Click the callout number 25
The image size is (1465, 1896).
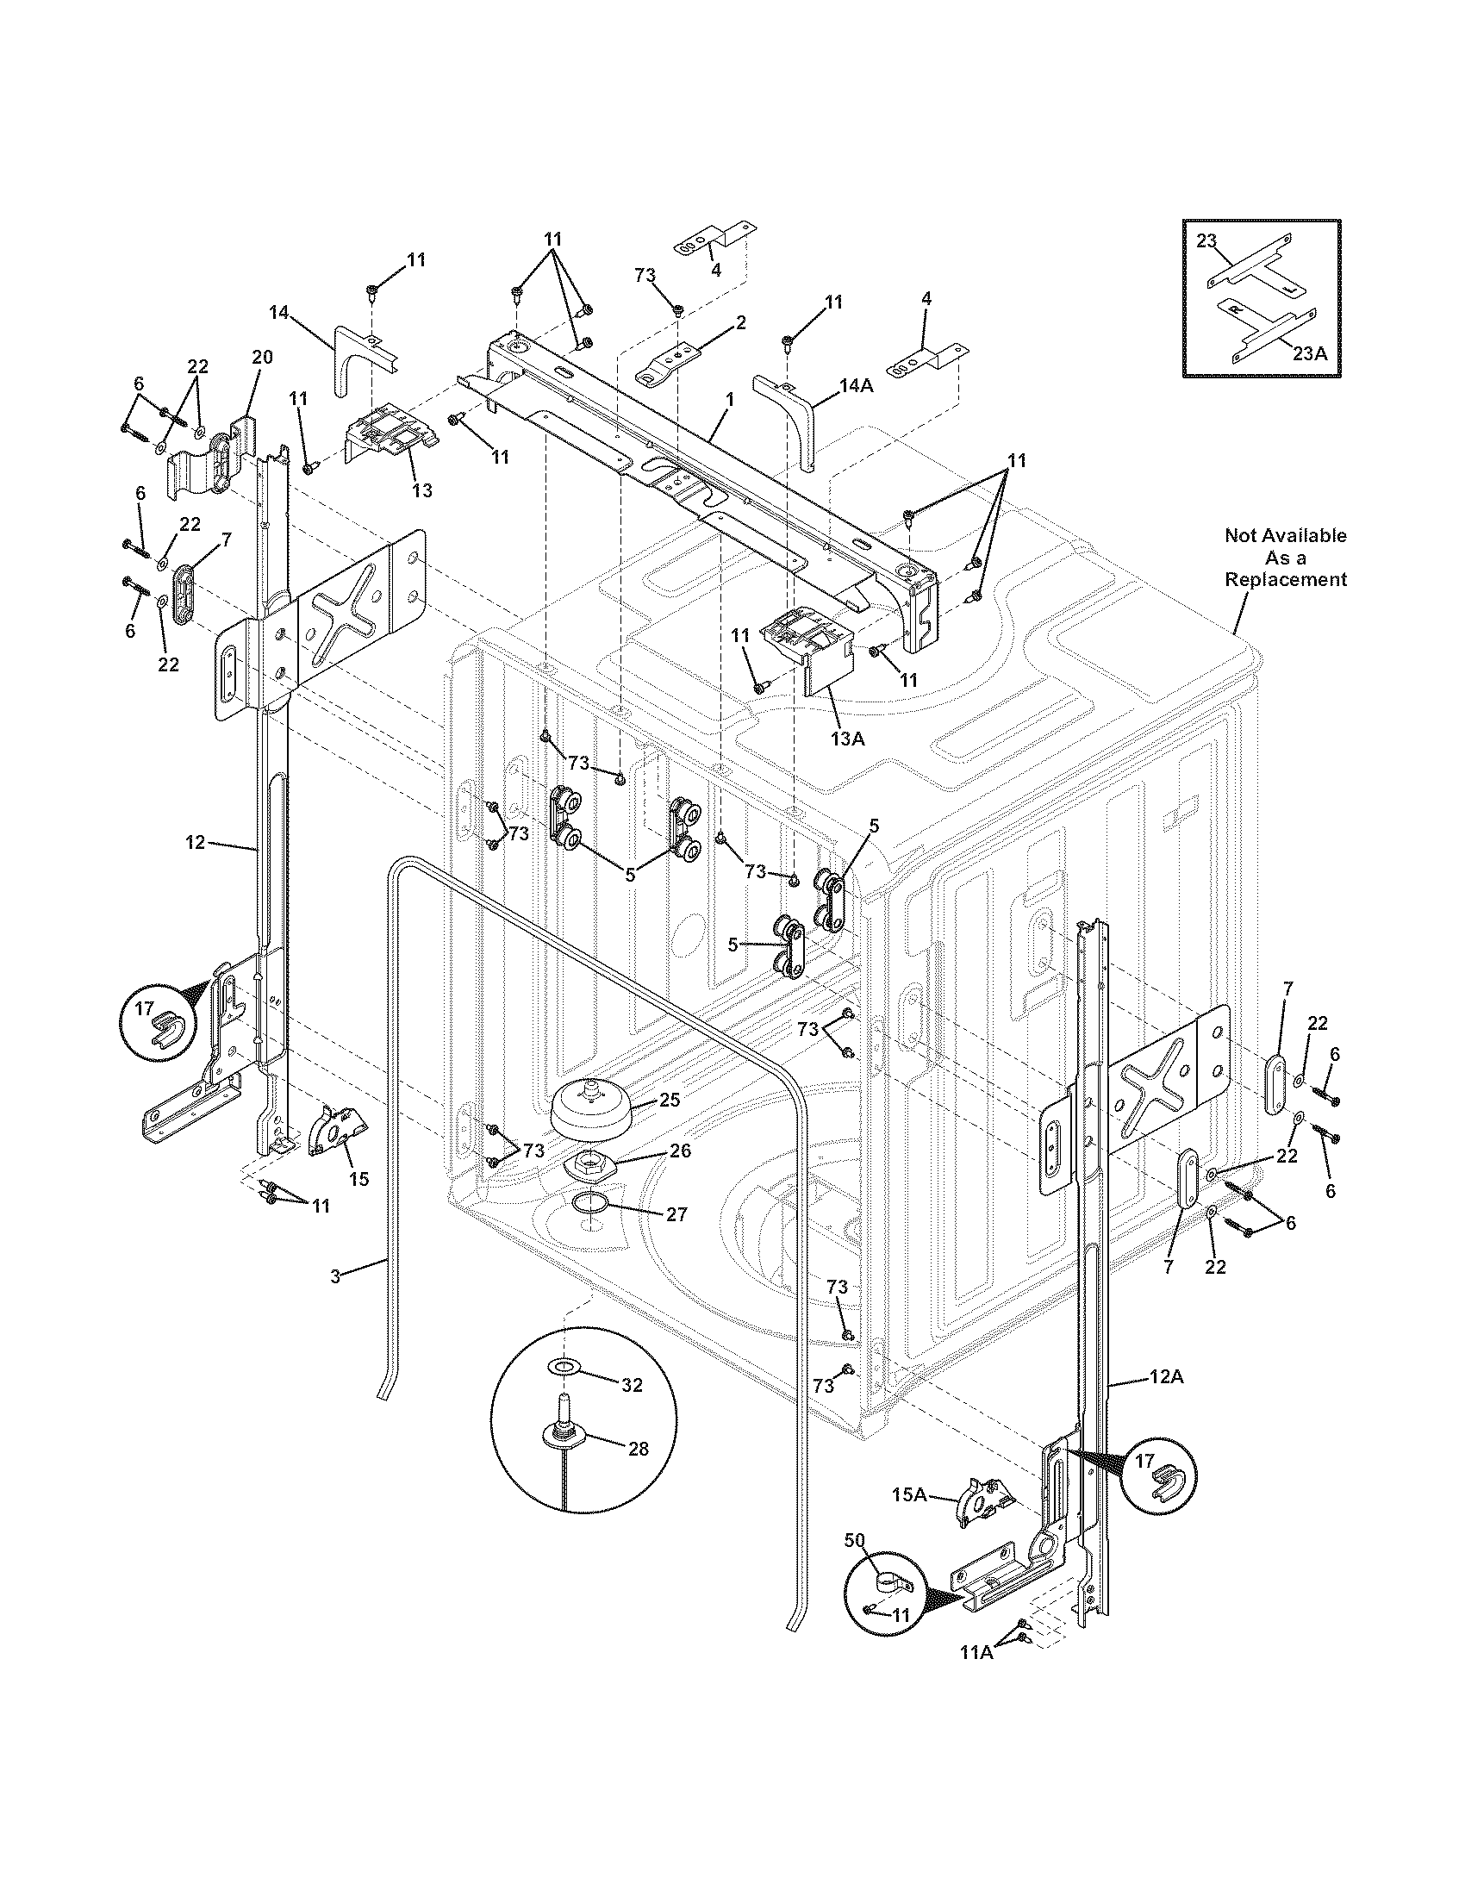[669, 1100]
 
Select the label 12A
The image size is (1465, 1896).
[1169, 1376]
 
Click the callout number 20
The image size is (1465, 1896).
[262, 357]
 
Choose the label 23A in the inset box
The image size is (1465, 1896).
[1309, 353]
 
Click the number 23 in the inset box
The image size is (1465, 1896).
[1206, 241]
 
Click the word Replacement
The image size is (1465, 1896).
[1286, 580]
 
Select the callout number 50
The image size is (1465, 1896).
[855, 1539]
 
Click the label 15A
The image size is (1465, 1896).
[908, 1494]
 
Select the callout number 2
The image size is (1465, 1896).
[740, 323]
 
